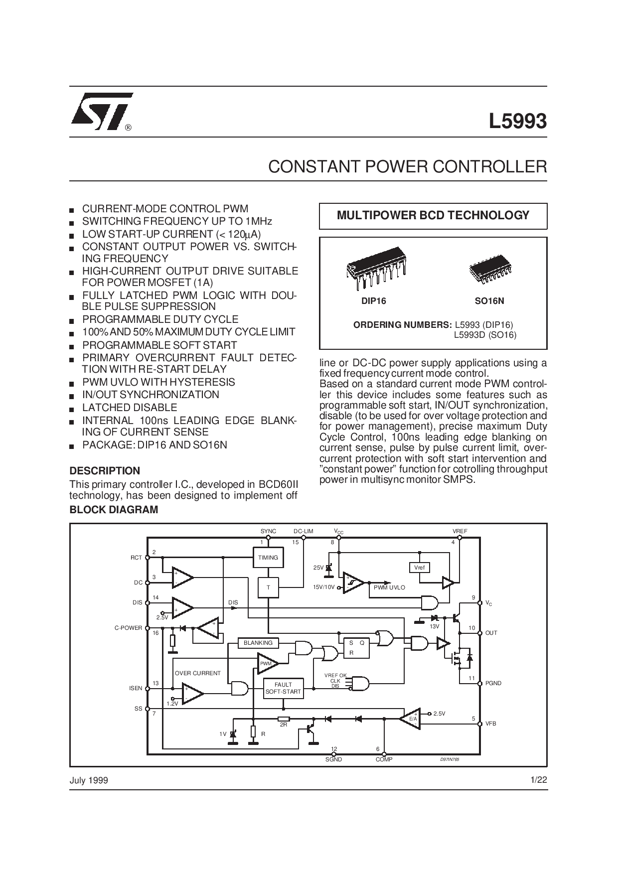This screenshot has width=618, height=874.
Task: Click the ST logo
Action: tap(102, 111)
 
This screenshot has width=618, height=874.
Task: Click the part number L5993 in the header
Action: tap(517, 121)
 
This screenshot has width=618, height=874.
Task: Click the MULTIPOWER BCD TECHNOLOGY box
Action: tap(433, 216)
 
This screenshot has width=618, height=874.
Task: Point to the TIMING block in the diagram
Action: tap(268, 558)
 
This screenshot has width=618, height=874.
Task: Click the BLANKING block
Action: tap(258, 643)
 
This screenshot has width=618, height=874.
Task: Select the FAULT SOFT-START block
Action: tap(283, 688)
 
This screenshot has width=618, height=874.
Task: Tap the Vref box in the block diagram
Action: tap(419, 568)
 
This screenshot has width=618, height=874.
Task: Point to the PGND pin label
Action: tap(493, 683)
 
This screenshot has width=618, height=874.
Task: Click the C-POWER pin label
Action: tap(129, 628)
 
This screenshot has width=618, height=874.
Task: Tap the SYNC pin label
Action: tap(268, 531)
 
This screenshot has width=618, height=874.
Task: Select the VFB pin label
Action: tap(491, 724)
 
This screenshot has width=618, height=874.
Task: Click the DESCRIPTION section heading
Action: tap(105, 471)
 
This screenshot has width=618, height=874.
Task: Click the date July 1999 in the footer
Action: tap(89, 780)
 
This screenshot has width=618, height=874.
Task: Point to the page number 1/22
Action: tap(539, 780)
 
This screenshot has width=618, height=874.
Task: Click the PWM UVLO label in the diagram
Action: tap(389, 587)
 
